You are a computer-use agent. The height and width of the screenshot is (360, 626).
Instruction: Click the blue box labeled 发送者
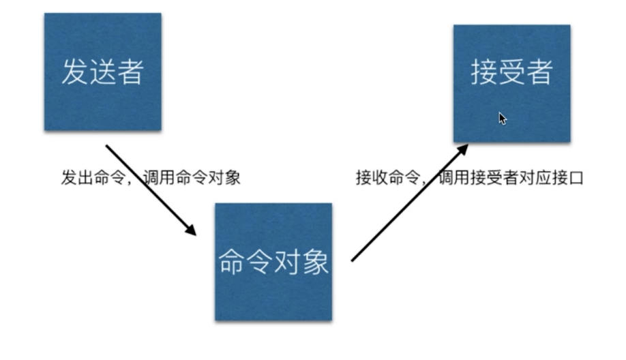pyautogui.click(x=102, y=72)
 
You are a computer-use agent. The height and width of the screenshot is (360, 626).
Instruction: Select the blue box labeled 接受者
pyautogui.click(x=511, y=83)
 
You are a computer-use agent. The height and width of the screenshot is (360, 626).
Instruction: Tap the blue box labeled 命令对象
pyautogui.click(x=273, y=261)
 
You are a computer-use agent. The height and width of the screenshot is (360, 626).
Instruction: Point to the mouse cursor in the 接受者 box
pyautogui.click(x=502, y=118)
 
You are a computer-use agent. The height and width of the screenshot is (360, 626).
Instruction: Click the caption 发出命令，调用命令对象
pyautogui.click(x=151, y=179)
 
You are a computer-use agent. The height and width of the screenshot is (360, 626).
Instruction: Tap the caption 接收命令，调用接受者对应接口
pyautogui.click(x=469, y=179)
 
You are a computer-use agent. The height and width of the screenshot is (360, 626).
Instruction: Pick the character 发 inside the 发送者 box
pyautogui.click(x=74, y=72)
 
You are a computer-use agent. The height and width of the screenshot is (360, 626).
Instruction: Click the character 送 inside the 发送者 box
pyautogui.click(x=102, y=72)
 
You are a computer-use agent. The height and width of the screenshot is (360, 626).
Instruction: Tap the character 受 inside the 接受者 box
pyautogui.click(x=511, y=72)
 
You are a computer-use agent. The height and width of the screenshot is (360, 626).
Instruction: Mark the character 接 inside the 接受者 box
pyautogui.click(x=483, y=72)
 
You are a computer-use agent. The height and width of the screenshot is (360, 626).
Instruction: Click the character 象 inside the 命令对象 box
pyautogui.click(x=316, y=262)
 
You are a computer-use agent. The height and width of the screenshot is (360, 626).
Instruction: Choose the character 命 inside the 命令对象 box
pyautogui.click(x=232, y=262)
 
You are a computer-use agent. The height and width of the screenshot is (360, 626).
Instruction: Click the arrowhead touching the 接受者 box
pyautogui.click(x=462, y=149)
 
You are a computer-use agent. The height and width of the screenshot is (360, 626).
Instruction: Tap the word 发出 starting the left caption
pyautogui.click(x=77, y=179)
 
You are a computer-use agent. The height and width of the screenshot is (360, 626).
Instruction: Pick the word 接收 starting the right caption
pyautogui.click(x=372, y=179)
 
